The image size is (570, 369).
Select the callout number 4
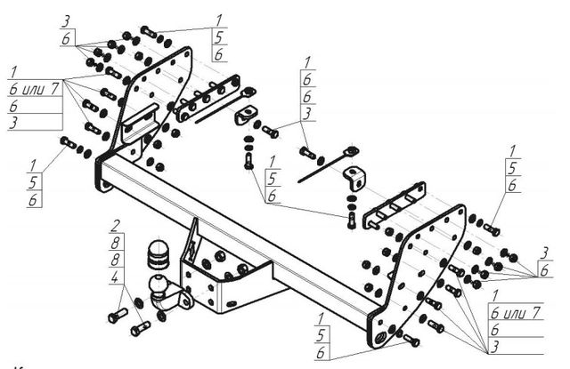click(116, 277)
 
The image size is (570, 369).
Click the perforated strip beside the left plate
click(214, 99)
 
